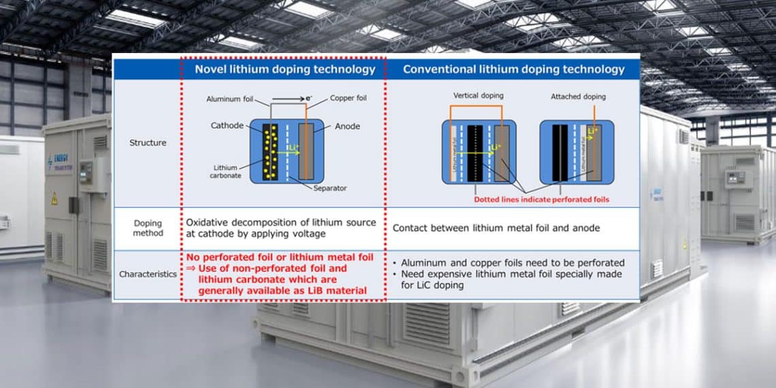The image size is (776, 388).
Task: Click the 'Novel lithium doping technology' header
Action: pos(285,69)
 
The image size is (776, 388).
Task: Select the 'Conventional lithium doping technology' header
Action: pos(513,69)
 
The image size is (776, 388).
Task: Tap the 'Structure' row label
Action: pos(148,143)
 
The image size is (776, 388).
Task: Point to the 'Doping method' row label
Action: pos(148,228)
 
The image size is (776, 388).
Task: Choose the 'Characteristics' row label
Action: pos(148,274)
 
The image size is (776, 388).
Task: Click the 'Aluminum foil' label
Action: pos(229,99)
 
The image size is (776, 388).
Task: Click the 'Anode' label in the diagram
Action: pos(347,126)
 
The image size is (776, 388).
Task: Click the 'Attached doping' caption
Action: pos(578,97)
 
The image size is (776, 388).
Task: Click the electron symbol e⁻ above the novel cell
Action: pos(308,99)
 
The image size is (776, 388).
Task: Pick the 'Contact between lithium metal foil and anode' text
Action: pos(496,228)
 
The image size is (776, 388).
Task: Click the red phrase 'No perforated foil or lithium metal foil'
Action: pos(280,257)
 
